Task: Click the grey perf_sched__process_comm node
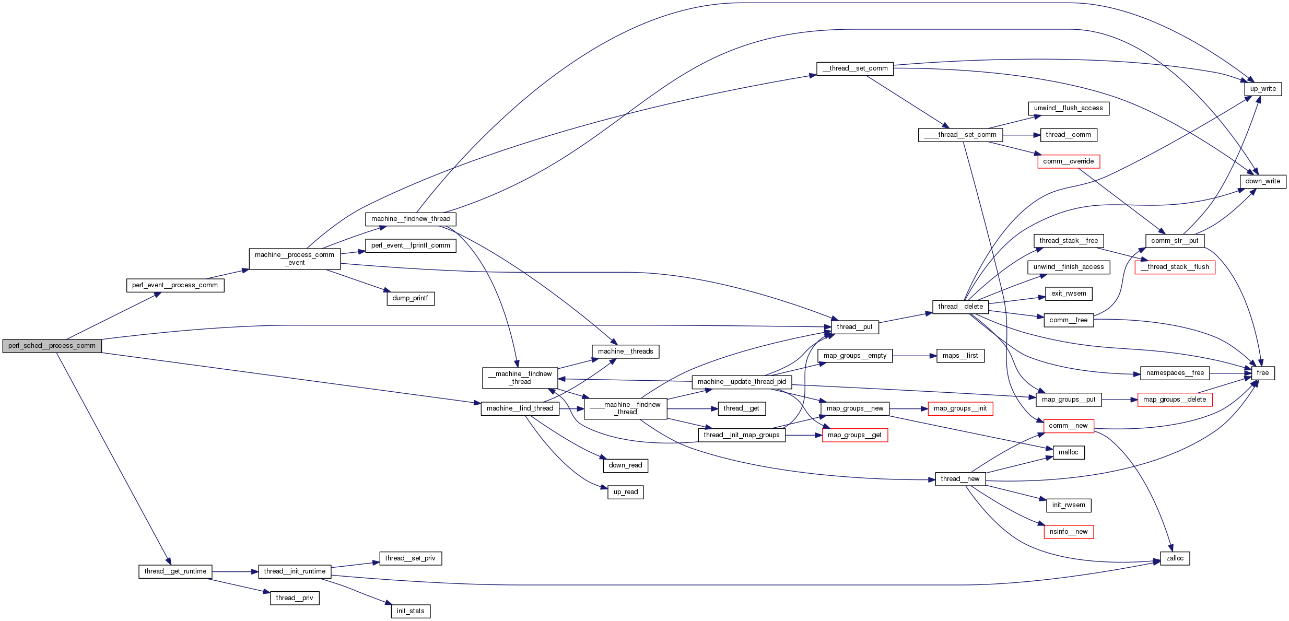tap(52, 346)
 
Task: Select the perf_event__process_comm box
tap(175, 285)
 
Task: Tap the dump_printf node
tap(411, 298)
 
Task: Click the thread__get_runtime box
tap(175, 571)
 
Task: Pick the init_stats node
tap(411, 611)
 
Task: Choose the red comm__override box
tap(1068, 161)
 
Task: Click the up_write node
tap(1263, 89)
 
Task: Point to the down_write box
tap(1263, 181)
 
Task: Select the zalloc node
tap(1175, 558)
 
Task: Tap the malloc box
tap(1068, 452)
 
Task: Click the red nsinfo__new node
tap(1068, 532)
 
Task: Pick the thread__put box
tap(854, 327)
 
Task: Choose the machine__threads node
tap(625, 351)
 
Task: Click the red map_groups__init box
tap(960, 408)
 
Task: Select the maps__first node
tap(960, 356)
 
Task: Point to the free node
tap(1263, 373)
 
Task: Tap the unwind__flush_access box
tap(1068, 108)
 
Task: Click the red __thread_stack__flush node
tap(1175, 267)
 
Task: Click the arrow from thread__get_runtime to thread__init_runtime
tap(235, 572)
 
